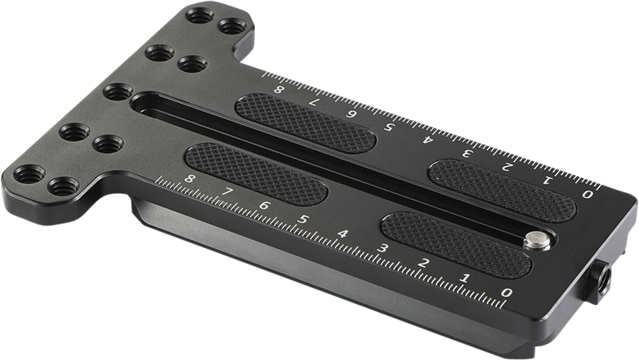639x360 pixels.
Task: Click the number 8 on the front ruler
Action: coord(189,180)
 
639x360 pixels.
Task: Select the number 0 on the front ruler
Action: coord(505,293)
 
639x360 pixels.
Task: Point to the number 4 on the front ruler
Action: coord(343,235)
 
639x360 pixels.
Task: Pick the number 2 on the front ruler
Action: coord(424,263)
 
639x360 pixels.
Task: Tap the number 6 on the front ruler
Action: coord(264,206)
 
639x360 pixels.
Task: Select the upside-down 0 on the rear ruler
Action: coord(589,194)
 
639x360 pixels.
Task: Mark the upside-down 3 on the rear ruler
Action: coord(466,153)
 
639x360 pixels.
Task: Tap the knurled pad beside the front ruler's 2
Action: coord(455,244)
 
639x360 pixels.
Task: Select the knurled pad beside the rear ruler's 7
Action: coord(304,124)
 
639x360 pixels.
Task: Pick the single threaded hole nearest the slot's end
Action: coord(117,92)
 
